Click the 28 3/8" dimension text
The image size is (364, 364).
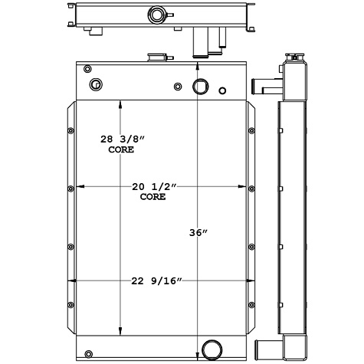pyautogui.click(x=123, y=139)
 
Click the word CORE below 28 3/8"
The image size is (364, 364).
pyautogui.click(x=121, y=150)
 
